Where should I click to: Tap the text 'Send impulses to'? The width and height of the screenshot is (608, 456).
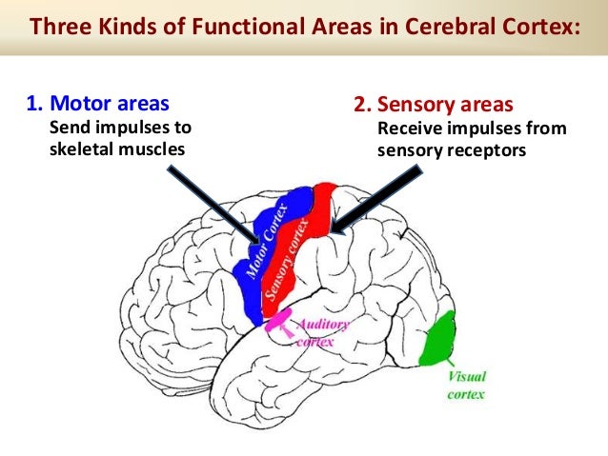pos(120,127)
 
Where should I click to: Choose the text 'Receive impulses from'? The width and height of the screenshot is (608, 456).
pos(472,127)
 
